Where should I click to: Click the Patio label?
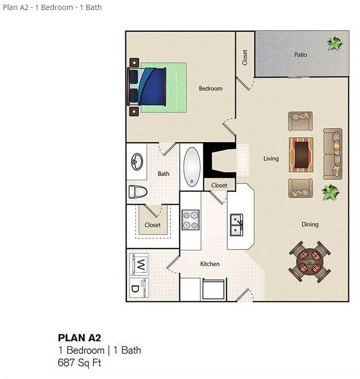point(300,54)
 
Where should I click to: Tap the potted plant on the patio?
point(335,43)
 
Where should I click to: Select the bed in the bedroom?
point(146,87)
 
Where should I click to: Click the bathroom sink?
point(137,161)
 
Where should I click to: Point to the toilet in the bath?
point(138,192)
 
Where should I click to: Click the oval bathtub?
point(192,167)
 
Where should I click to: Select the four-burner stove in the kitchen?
point(190,220)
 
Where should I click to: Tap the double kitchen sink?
point(236,225)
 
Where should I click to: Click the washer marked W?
point(139,264)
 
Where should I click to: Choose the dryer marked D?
point(139,288)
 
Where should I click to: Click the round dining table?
point(310,262)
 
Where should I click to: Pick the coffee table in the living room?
point(301,155)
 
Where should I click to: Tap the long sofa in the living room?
point(333,154)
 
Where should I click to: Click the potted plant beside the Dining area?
point(330,192)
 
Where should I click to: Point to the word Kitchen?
point(210,264)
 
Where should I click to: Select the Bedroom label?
point(210,88)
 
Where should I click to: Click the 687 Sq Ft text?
point(79,363)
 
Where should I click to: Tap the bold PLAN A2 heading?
point(79,338)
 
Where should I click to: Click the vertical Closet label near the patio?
point(245,58)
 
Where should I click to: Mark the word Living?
point(271,159)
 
